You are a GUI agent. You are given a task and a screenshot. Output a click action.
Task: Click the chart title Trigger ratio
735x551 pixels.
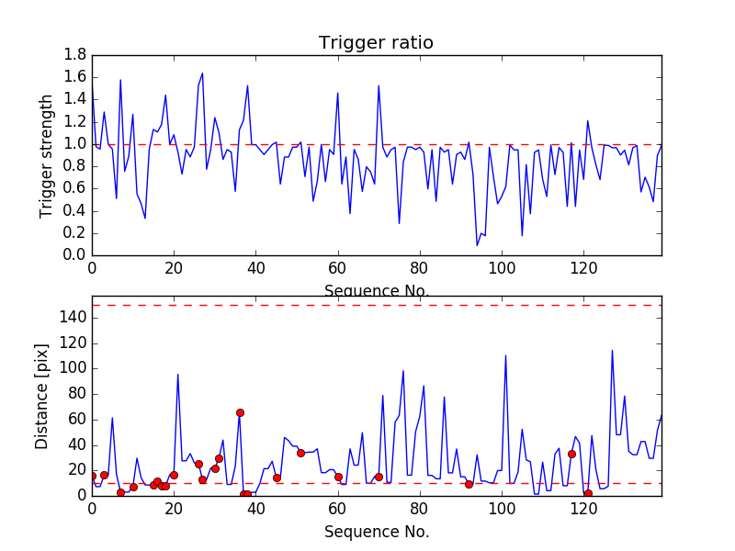pyautogui.click(x=376, y=43)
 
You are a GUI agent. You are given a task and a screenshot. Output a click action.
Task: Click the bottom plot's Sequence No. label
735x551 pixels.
pyautogui.click(x=377, y=532)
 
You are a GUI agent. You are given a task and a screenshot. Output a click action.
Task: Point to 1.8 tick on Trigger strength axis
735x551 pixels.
pyautogui.click(x=74, y=55)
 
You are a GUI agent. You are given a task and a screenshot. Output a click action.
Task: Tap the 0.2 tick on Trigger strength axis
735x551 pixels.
pyautogui.click(x=74, y=232)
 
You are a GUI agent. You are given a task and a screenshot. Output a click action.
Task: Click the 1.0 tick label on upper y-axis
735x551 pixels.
pyautogui.click(x=74, y=144)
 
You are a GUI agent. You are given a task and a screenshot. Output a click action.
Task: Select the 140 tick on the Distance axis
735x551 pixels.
pyautogui.click(x=71, y=318)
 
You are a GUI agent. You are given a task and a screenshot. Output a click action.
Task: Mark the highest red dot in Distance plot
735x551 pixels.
pyautogui.click(x=240, y=413)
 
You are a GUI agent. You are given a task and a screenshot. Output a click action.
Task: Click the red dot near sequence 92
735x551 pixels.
pyautogui.click(x=469, y=484)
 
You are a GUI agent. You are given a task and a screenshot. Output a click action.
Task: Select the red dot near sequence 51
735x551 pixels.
pyautogui.click(x=300, y=453)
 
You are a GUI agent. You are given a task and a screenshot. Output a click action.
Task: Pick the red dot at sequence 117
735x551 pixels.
pyautogui.click(x=571, y=454)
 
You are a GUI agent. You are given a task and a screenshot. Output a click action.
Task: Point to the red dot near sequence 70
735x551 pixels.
pyautogui.click(x=379, y=477)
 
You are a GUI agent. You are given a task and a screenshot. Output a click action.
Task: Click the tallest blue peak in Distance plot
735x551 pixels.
pyautogui.click(x=613, y=351)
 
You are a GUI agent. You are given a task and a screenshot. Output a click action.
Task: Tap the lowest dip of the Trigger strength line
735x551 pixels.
pyautogui.click(x=477, y=245)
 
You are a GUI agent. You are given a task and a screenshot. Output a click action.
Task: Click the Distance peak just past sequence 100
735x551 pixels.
pyautogui.click(x=506, y=355)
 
